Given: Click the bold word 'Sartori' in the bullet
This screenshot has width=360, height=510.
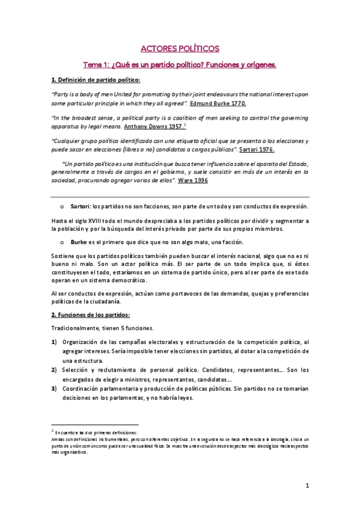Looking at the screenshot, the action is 80,206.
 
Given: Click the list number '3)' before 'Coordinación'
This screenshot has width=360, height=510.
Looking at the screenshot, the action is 53,389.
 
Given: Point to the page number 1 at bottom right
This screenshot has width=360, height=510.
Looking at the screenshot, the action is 307,487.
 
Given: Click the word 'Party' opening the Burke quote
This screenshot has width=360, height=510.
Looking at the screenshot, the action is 60,95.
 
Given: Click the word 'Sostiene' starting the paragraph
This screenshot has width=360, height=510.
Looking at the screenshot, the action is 63,256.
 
